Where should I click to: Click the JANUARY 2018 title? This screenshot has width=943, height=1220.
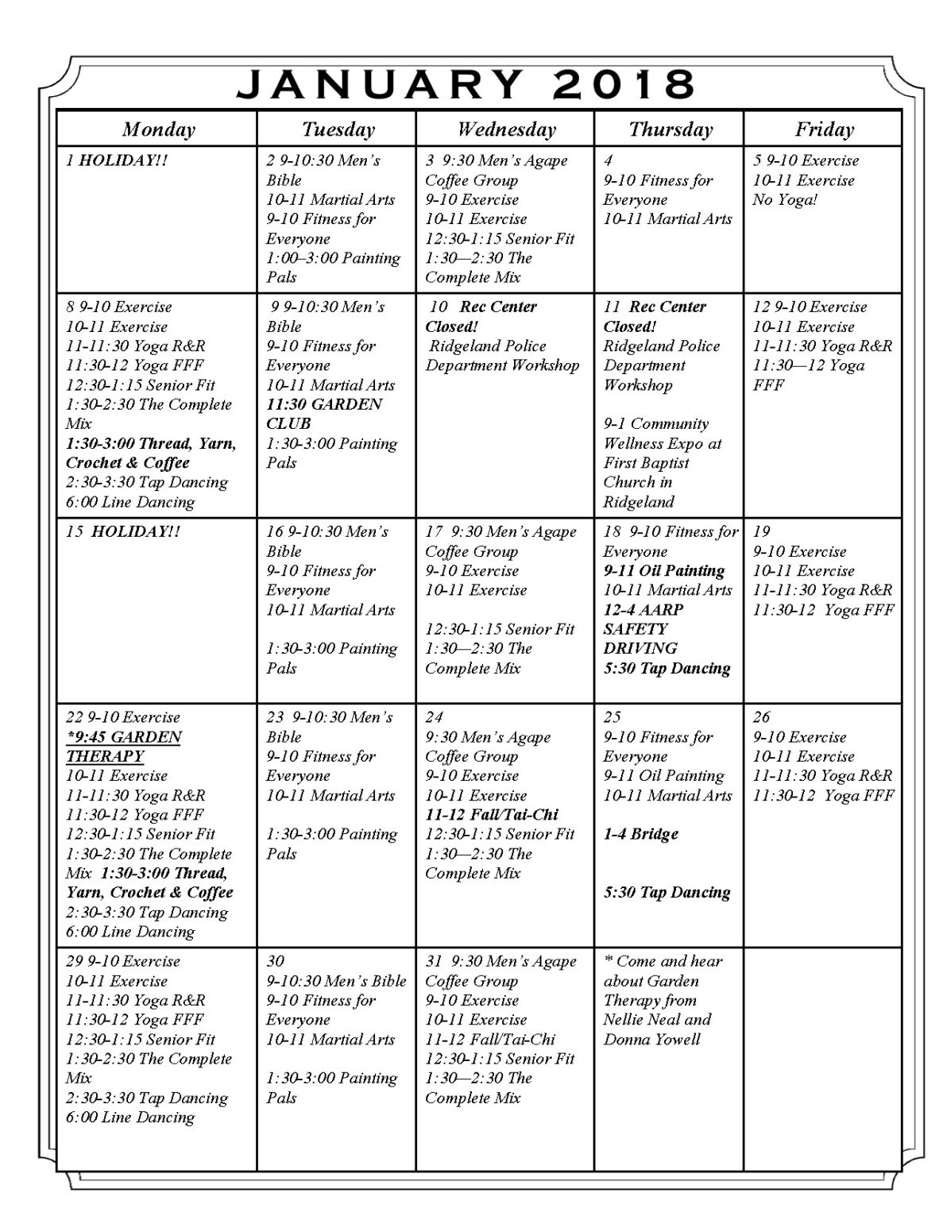[x=466, y=84]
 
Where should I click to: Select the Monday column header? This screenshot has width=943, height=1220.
[x=158, y=129]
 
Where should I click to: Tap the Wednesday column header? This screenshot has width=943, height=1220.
[x=506, y=129]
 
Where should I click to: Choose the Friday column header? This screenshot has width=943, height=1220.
[x=824, y=129]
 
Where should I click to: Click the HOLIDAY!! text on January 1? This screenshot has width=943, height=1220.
[x=123, y=160]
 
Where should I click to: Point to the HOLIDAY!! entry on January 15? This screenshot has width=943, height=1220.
[x=135, y=531]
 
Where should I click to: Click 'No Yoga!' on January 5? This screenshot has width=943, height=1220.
[x=784, y=199]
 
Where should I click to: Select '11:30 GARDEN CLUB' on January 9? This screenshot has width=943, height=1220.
[x=323, y=414]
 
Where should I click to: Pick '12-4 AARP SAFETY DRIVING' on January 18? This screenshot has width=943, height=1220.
[x=643, y=628]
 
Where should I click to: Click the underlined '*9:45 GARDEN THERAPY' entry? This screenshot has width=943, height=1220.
[x=123, y=746]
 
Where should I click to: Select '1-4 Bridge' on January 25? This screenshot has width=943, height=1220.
[x=640, y=834]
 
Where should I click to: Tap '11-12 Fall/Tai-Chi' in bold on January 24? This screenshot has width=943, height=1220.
[x=491, y=814]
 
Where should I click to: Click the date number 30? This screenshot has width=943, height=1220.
[x=276, y=961]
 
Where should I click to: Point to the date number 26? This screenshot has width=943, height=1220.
[x=761, y=717]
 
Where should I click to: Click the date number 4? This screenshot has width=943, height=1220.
[x=608, y=160]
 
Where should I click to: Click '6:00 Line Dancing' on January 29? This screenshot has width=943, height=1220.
[x=129, y=1117]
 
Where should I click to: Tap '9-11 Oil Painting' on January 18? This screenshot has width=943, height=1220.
[x=663, y=570]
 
